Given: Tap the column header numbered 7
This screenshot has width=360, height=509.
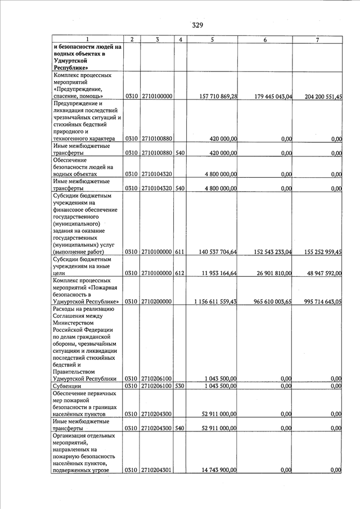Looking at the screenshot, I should [x=318, y=39].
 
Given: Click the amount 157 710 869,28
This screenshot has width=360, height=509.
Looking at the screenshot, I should [x=218, y=97].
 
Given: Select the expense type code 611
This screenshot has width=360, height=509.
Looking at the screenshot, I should [x=179, y=253].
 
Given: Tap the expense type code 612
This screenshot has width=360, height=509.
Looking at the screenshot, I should [x=179, y=273].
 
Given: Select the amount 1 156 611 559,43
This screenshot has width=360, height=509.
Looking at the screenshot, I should [x=215, y=302].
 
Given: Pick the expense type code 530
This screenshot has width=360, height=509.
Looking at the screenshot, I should [x=179, y=386].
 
